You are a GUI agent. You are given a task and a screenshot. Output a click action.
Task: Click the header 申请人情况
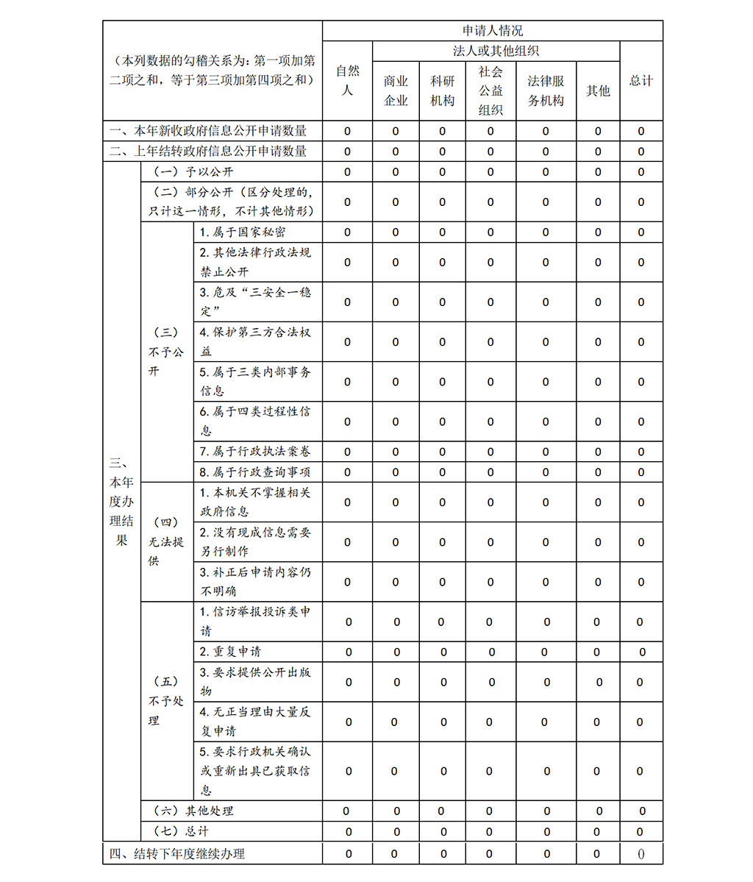click(492, 31)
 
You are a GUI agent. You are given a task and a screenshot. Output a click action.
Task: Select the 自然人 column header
click(347, 81)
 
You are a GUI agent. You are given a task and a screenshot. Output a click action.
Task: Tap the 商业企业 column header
click(396, 90)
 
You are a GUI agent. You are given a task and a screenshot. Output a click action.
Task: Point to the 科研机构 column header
click(442, 90)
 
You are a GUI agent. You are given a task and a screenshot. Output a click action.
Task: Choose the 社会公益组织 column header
click(490, 90)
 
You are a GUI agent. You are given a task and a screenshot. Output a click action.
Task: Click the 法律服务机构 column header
click(546, 90)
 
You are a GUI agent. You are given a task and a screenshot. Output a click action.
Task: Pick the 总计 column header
click(640, 81)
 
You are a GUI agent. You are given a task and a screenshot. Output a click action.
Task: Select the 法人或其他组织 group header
click(496, 51)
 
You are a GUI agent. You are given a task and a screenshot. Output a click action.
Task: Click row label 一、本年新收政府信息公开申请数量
click(208, 131)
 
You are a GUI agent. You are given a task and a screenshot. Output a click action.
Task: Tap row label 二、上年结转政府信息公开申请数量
click(208, 152)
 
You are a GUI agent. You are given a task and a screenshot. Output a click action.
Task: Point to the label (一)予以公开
click(193, 172)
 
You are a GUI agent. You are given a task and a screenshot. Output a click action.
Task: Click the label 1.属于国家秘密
click(243, 232)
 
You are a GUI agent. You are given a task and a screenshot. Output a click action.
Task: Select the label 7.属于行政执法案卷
click(254, 452)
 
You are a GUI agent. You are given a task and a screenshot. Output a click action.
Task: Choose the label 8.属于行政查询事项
click(254, 472)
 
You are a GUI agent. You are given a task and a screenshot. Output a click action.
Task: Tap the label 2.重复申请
click(230, 652)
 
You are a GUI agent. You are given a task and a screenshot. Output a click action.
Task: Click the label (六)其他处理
click(193, 811)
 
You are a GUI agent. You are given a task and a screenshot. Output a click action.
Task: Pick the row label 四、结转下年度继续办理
click(177, 854)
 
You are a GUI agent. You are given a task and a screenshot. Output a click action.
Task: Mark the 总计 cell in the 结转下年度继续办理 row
click(640, 854)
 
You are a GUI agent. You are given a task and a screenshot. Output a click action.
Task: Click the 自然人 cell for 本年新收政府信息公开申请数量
click(347, 132)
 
